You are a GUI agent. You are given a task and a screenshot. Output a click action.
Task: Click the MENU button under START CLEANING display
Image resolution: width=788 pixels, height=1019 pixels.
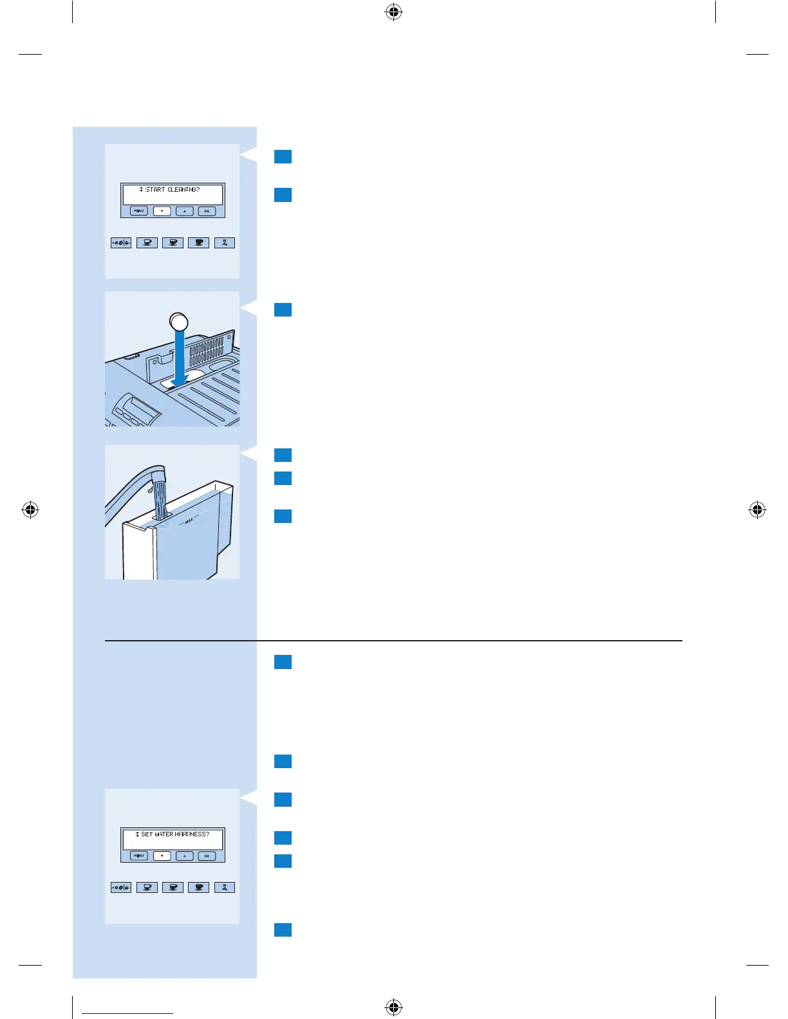[x=139, y=211]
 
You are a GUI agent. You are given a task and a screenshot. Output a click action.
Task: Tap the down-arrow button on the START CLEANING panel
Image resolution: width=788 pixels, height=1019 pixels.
[x=162, y=211]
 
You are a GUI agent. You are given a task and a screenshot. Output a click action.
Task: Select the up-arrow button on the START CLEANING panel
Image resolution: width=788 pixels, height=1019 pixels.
[x=184, y=211]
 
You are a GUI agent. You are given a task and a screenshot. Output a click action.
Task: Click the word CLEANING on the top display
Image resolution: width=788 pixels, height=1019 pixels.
[x=183, y=190]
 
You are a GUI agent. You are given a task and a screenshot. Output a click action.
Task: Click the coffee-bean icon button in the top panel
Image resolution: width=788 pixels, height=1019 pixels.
[x=121, y=243]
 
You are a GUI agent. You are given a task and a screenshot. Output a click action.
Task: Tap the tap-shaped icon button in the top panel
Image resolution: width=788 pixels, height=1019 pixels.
[x=225, y=243]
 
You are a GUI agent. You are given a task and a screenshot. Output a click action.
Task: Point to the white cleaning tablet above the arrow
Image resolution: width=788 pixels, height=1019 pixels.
[x=178, y=321]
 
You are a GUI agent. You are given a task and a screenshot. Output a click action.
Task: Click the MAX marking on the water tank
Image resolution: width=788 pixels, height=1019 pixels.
[x=189, y=521]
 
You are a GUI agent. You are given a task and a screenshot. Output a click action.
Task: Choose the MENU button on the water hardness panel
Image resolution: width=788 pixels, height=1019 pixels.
[x=139, y=856]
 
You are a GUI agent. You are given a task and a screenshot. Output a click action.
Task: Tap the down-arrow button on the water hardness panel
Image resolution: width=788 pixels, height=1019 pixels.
[x=162, y=856]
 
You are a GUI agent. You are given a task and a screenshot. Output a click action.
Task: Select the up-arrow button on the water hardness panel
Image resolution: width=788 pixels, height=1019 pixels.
[x=184, y=856]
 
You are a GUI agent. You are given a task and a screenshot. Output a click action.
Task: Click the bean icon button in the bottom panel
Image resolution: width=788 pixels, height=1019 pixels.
[x=121, y=887]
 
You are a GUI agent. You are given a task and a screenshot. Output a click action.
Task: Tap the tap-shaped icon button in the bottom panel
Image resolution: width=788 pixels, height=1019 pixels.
[x=225, y=887]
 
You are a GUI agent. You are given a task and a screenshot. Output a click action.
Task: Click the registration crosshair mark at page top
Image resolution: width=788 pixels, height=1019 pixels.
[x=394, y=12]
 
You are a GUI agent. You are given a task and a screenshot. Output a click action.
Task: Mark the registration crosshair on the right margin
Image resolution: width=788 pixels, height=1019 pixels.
[x=758, y=510]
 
